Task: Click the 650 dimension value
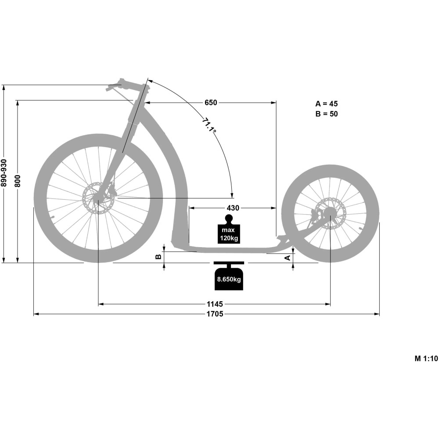pos(211,103)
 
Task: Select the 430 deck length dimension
pos(233,207)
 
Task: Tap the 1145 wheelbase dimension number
pos(215,304)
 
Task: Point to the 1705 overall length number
pos(215,314)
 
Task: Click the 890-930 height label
pos(4,173)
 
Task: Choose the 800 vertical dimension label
pos(18,180)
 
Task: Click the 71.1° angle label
pos(209,125)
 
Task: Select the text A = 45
pos(327,104)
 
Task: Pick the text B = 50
pos(327,114)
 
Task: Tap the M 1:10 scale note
pos(426,358)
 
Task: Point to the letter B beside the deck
pos(159,257)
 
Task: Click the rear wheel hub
pos(330,214)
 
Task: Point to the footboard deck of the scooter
pos(228,249)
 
